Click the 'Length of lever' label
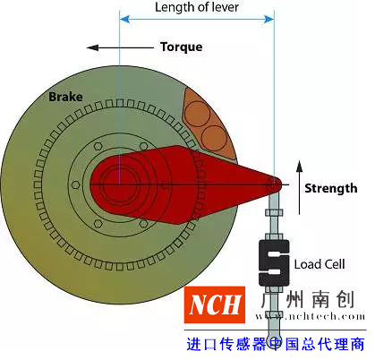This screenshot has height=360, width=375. (x=197, y=7)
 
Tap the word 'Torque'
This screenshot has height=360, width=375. (x=182, y=47)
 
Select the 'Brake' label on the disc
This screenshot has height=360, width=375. (x=65, y=97)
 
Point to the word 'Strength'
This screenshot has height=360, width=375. (x=331, y=189)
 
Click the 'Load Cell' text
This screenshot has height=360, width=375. (x=320, y=264)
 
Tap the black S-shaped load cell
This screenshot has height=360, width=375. (x=274, y=262)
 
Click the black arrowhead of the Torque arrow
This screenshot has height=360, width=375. (x=92, y=47)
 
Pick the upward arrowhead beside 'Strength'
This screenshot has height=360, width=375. (x=300, y=166)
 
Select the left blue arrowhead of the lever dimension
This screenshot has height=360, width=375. (x=124, y=20)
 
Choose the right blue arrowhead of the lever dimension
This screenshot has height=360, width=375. (x=268, y=20)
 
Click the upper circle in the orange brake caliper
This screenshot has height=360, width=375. (x=197, y=114)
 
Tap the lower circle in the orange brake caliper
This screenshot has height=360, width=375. (x=215, y=138)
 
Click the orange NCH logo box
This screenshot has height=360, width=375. (x=215, y=304)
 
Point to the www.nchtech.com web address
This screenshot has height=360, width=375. (x=311, y=316)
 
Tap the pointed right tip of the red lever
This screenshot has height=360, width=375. (x=282, y=184)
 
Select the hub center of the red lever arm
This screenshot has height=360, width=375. (x=120, y=184)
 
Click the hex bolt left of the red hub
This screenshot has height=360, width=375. (x=76, y=185)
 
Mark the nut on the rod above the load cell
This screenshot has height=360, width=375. (x=274, y=212)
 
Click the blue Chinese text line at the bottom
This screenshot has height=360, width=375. (x=276, y=344)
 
